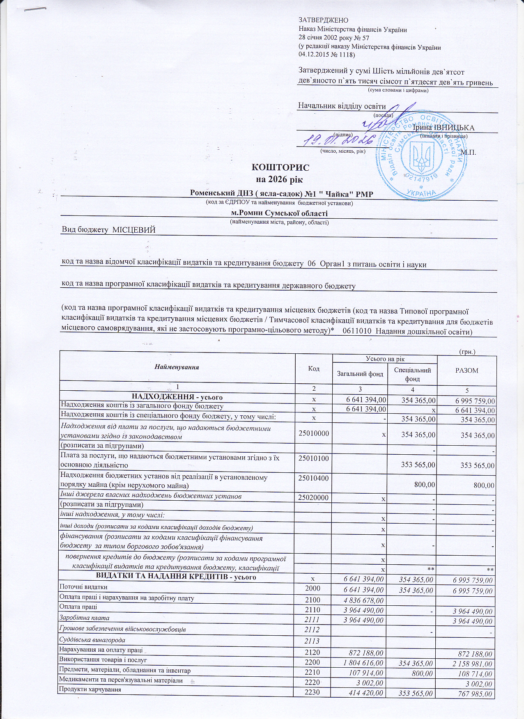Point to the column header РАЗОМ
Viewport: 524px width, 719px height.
pos(467,370)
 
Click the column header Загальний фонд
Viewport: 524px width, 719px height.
pos(360,373)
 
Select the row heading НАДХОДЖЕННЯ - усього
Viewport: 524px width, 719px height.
pos(177,397)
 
